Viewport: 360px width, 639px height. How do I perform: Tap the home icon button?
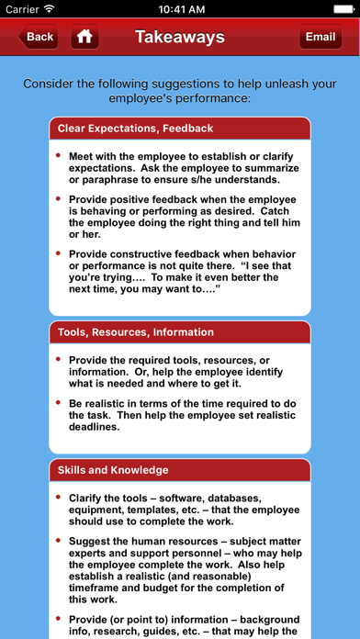click(84, 38)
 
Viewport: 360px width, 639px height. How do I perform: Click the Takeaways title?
click(180, 38)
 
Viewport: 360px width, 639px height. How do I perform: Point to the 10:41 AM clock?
click(180, 8)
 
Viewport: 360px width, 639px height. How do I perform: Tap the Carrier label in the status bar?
click(24, 8)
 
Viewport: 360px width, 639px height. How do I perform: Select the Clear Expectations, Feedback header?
click(135, 129)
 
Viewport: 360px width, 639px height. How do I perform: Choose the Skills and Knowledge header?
click(113, 470)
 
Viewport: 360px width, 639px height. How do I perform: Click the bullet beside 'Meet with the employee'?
click(60, 156)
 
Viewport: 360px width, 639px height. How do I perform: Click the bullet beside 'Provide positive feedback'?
click(60, 198)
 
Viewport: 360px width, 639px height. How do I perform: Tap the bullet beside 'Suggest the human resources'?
click(60, 541)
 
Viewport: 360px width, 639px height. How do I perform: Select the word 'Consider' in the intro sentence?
click(52, 83)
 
